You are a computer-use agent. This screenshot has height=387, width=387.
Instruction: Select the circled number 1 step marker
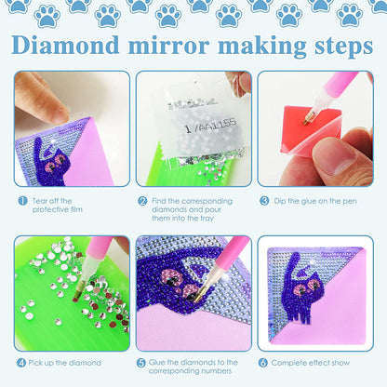(x=20, y=199)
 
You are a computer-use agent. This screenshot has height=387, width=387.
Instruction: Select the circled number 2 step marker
(x=142, y=199)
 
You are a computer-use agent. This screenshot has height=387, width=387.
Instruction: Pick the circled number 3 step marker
(x=265, y=199)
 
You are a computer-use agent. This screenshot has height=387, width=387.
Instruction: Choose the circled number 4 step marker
(x=20, y=361)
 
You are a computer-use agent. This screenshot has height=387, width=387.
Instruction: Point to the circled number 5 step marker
(x=142, y=361)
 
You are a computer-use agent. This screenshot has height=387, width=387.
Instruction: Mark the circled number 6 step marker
(x=265, y=361)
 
